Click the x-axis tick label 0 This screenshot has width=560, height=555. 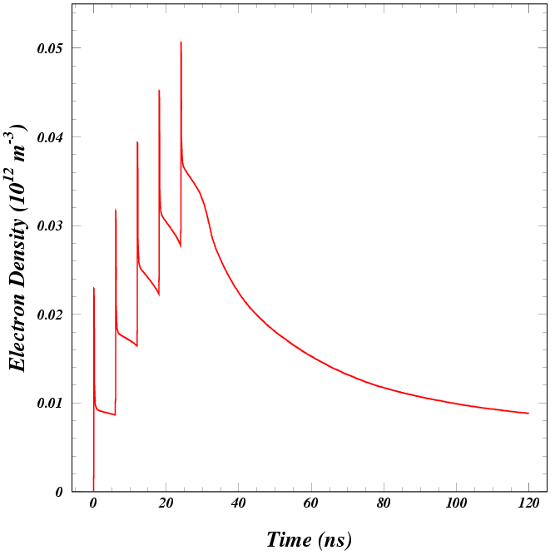pos(93,504)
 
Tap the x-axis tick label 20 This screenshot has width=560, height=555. pos(166,504)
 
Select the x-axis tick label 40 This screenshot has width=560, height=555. pos(238,504)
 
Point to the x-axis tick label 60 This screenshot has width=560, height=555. pos(310,504)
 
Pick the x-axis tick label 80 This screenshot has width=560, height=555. pos(384,504)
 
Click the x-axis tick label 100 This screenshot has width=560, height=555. pos(456,504)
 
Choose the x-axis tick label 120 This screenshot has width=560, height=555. pos(528,504)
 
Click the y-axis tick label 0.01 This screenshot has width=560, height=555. pos(49,404)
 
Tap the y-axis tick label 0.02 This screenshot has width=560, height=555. pos(49,315)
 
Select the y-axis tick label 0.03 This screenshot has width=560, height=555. pos(49,225)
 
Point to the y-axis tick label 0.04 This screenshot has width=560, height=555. pos(49,137)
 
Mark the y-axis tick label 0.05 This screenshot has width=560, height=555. pos(49,48)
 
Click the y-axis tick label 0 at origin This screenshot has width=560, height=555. pos(57,492)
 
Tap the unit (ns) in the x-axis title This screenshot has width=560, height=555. pos(335,539)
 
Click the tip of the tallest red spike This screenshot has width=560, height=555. pos(181,42)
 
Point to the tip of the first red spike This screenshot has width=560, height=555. pos(94,288)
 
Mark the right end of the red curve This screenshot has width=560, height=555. pos(528,414)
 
